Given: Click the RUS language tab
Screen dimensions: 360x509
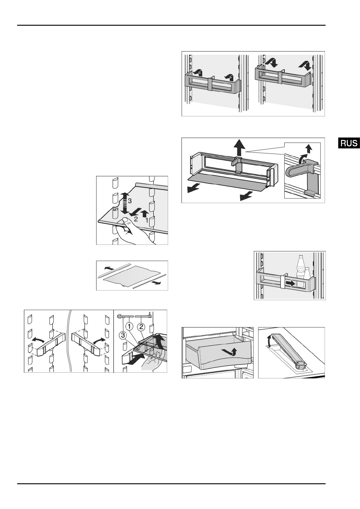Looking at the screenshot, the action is (349, 143).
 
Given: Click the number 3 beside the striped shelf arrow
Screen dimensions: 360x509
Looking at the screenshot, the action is (130, 201).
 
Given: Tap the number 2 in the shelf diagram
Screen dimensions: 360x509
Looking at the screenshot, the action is (136, 219).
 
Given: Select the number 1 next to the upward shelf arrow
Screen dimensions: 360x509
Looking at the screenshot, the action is (147, 220).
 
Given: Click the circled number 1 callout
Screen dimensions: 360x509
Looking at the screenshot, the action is (129, 327).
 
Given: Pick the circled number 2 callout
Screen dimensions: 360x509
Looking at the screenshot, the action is (141, 327).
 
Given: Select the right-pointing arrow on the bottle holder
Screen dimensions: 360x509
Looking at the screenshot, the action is (291, 283).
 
